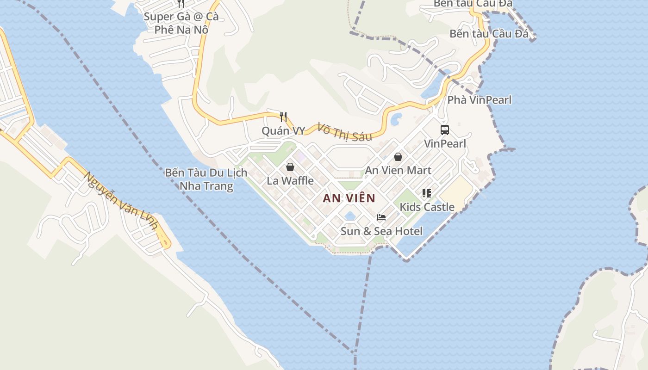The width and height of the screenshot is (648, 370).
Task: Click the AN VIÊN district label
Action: pyautogui.click(x=349, y=198)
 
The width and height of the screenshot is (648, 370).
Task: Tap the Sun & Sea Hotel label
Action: pyautogui.click(x=381, y=231)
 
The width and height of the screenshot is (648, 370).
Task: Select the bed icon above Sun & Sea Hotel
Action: pyautogui.click(x=381, y=217)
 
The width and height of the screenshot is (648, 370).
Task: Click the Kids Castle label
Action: pyautogui.click(x=427, y=207)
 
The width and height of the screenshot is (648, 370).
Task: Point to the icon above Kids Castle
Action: pyautogui.click(x=426, y=193)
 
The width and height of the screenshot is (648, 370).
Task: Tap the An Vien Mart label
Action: pyautogui.click(x=398, y=170)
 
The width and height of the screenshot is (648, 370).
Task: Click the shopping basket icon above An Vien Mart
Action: pyautogui.click(x=398, y=157)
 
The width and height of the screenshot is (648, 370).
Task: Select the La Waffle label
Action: pyautogui.click(x=290, y=180)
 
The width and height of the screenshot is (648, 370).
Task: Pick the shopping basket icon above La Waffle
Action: pyautogui.click(x=290, y=167)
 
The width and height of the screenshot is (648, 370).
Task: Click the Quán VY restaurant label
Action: pyautogui.click(x=283, y=131)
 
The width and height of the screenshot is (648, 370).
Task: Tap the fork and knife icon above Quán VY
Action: pyautogui.click(x=284, y=117)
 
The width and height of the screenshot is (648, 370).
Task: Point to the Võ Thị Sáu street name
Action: pyautogui.click(x=344, y=131)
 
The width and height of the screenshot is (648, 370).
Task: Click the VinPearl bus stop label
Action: pyautogui.click(x=445, y=143)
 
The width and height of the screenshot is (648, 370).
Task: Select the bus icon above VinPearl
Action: pyautogui.click(x=445, y=130)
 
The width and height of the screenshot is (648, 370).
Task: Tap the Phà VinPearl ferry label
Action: pyautogui.click(x=479, y=100)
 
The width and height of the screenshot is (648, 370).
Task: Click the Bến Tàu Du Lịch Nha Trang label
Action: pyautogui.click(x=206, y=179)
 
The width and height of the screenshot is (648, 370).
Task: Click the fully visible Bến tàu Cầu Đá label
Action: pyautogui.click(x=489, y=34)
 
